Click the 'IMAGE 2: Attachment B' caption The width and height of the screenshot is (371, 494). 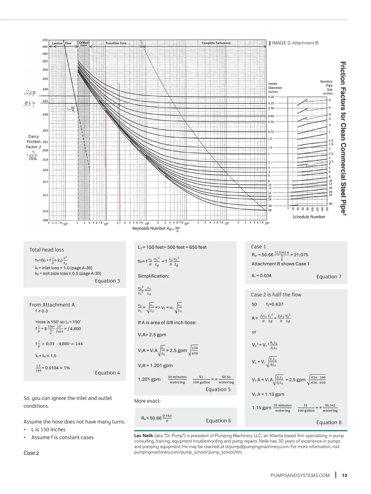pos(295,43)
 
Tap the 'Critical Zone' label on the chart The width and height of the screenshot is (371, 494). pos(83,44)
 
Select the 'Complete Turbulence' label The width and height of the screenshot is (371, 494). pos(216,43)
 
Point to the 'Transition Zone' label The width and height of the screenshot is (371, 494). pos(116,43)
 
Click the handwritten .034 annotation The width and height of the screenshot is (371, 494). pos(30,104)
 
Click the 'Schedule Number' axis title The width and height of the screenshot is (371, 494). pos(309,217)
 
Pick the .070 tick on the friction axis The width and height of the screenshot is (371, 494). pos(45,40)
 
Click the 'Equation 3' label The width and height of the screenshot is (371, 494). pos(107,281)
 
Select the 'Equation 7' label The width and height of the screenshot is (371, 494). pos(329,277)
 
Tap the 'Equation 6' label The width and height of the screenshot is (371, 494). pos(218,420)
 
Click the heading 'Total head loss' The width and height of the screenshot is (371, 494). pos(47,250)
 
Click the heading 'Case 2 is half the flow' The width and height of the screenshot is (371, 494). pos(276,295)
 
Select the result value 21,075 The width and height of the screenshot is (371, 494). pos(301,255)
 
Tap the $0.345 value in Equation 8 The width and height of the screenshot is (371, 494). pos(330,405)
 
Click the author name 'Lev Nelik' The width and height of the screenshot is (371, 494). pos(143,436)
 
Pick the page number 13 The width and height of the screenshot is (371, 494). pos(344,475)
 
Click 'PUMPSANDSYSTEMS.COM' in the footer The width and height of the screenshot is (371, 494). pos(300,475)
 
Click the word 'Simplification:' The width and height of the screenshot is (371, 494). pos(153,276)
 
